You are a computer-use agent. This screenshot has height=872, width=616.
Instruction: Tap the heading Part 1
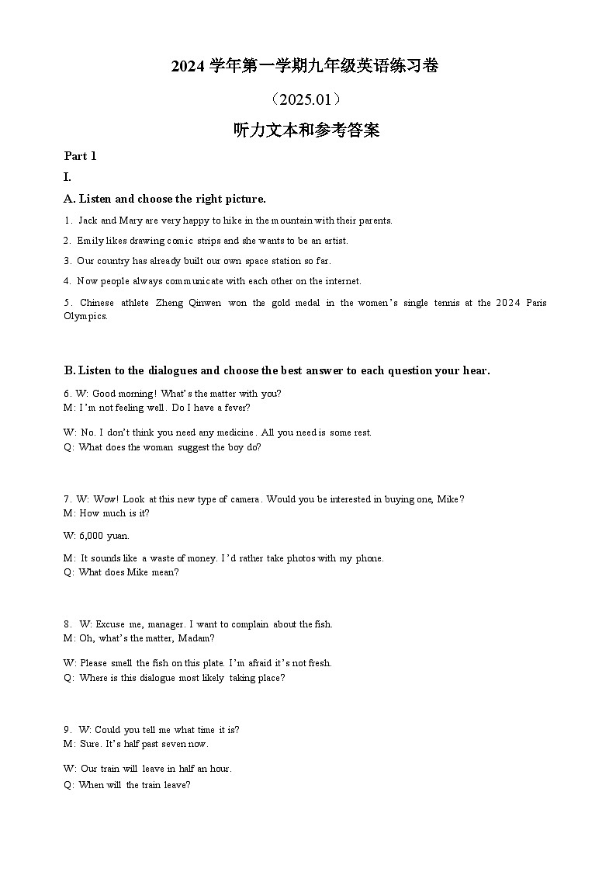point(80,156)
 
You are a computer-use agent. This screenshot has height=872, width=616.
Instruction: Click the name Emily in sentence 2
point(89,241)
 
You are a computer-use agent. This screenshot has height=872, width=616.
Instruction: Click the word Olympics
point(85,316)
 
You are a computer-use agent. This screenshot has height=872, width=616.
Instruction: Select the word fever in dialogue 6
point(234,408)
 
